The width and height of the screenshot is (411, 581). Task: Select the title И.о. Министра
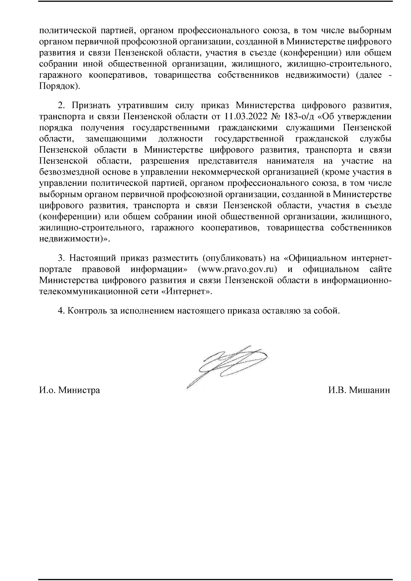70,390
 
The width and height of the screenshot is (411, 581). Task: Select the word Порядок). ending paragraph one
60,86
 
